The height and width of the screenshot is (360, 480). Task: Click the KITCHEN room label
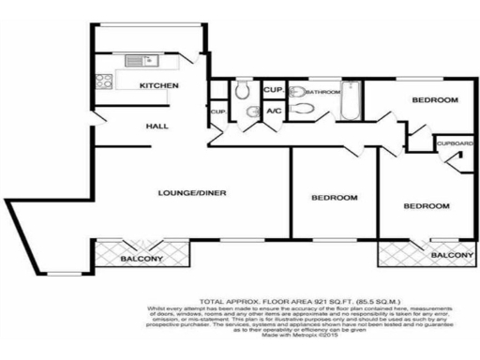click(x=159, y=86)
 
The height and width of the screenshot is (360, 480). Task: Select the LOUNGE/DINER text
click(x=193, y=194)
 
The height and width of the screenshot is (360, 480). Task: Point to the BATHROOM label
click(x=322, y=92)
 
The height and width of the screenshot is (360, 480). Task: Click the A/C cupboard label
click(x=274, y=112)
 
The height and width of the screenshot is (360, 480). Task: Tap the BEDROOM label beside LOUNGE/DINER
click(x=335, y=198)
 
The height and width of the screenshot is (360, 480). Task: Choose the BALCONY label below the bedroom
click(x=452, y=254)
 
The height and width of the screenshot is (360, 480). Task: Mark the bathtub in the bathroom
click(x=352, y=102)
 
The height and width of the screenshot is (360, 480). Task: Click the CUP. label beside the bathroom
click(x=274, y=89)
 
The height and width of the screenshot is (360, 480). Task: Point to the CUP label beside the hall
click(x=218, y=112)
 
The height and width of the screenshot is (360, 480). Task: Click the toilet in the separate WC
click(x=243, y=90)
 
